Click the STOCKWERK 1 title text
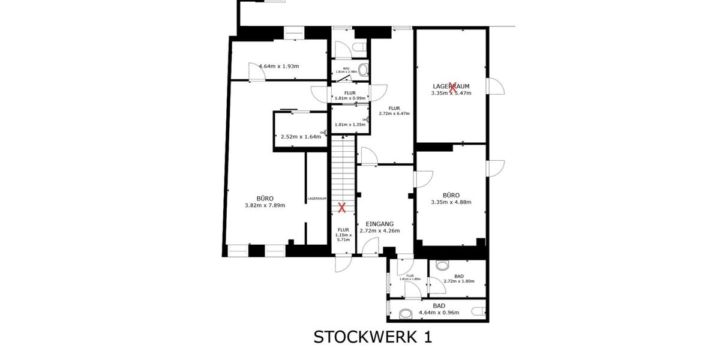click(372, 337)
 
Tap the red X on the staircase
click(342, 208)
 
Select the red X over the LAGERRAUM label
click(453, 87)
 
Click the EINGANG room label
click(379, 223)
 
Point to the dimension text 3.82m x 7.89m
click(265, 205)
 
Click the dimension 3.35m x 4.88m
click(451, 202)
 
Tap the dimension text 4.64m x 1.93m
click(278, 67)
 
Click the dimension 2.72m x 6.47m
click(394, 113)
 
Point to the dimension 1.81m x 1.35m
click(350, 125)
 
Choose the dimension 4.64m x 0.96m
click(439, 313)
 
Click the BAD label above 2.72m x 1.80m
click(459, 276)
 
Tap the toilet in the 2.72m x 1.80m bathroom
click(443, 265)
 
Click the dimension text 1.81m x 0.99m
click(350, 98)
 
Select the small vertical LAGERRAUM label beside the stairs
click(317, 199)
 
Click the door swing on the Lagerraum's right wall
click(496, 87)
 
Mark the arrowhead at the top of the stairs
click(343, 137)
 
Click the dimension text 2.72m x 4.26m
click(379, 230)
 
